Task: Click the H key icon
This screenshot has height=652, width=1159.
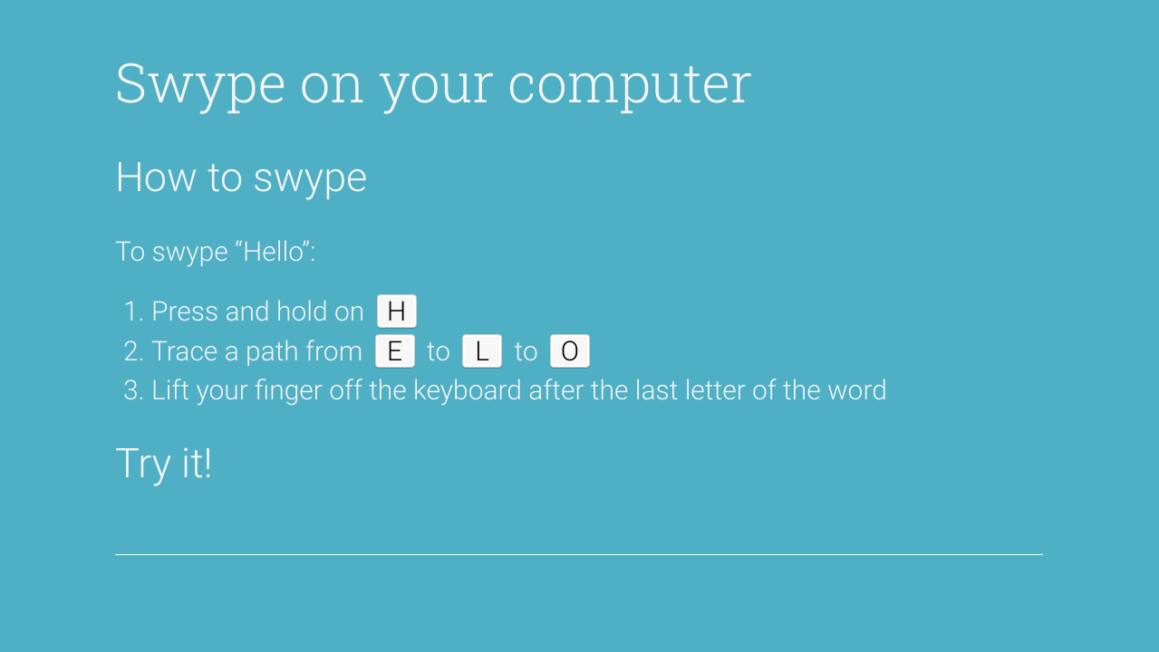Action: [397, 312]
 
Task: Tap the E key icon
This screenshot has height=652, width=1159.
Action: [395, 351]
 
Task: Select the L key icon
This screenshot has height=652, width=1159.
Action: [482, 351]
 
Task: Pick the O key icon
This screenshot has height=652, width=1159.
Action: [570, 351]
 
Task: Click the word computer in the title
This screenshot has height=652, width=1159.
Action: [630, 85]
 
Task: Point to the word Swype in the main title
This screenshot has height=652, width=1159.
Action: [200, 85]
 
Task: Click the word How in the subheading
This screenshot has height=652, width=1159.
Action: [156, 177]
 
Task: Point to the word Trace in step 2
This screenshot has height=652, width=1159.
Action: [185, 351]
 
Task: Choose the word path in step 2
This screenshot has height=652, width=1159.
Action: [270, 352]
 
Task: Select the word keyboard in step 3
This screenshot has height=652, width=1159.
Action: [468, 391]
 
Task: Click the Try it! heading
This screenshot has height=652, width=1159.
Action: [163, 464]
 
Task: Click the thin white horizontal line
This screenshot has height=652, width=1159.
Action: [579, 555]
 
